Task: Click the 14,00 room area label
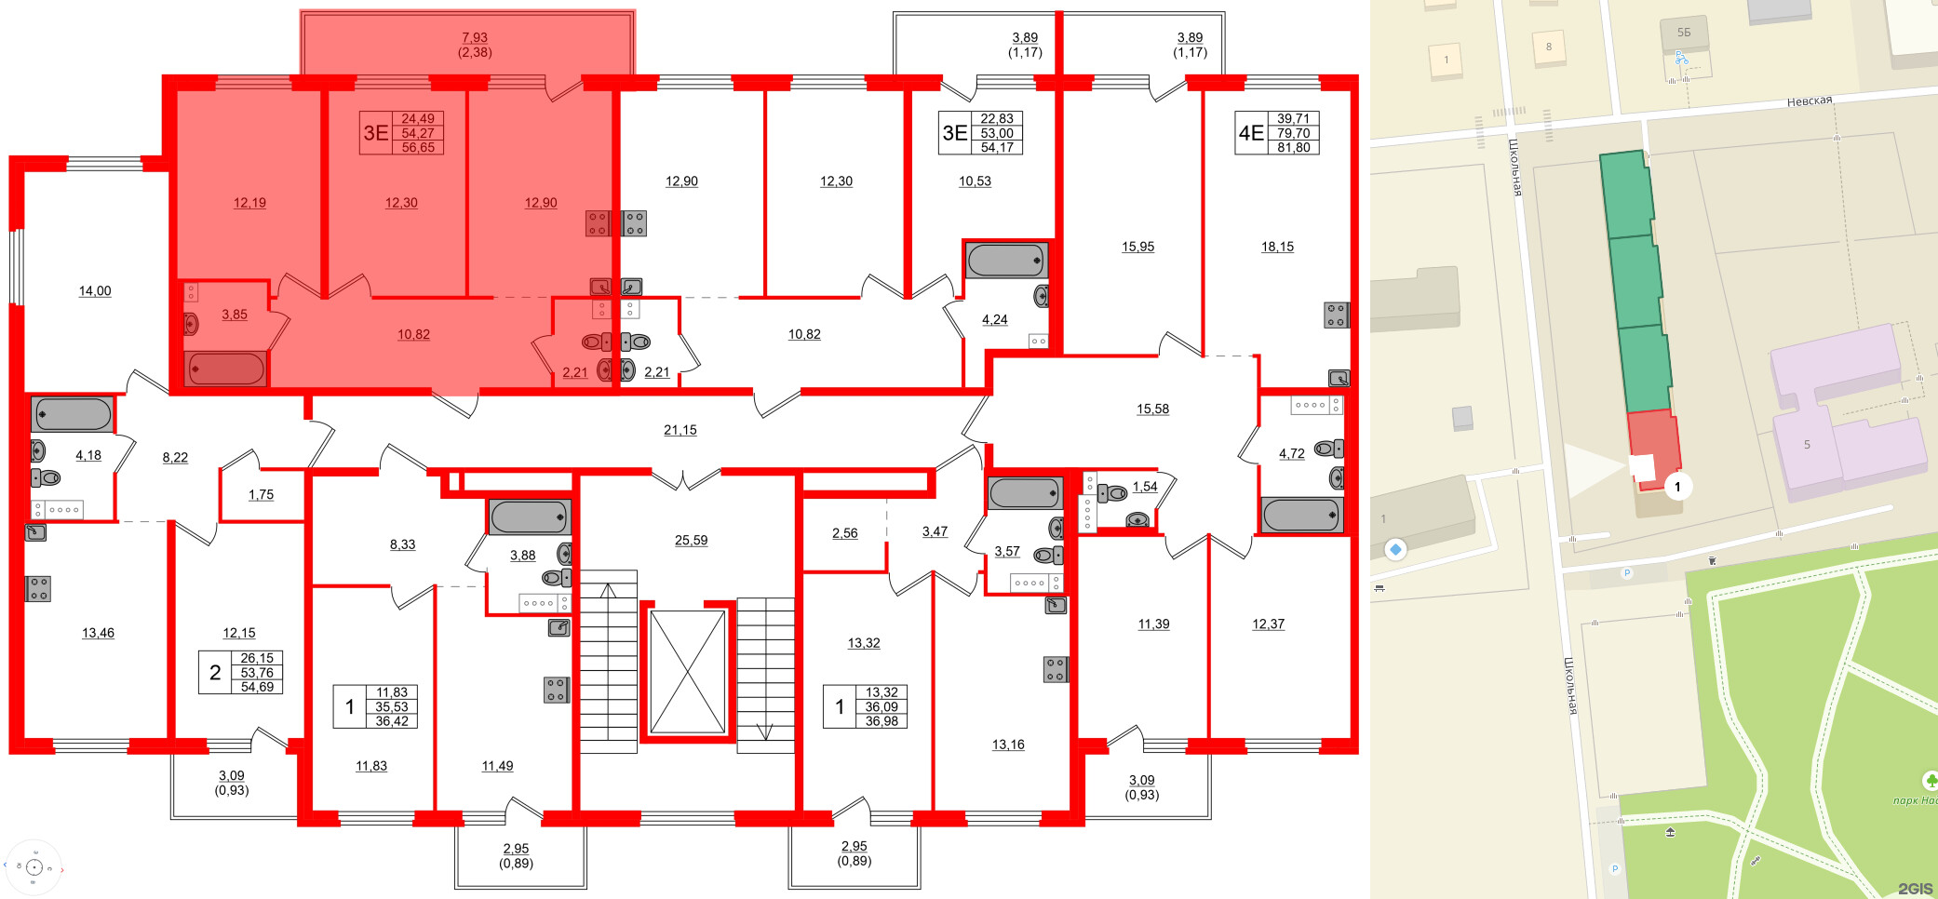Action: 95,291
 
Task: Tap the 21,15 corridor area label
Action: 680,430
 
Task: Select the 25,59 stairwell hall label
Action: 691,540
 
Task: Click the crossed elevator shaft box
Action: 687,672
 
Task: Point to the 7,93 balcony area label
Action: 475,38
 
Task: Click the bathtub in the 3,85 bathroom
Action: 226,369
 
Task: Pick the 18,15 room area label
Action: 1277,247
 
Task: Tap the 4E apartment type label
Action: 1251,133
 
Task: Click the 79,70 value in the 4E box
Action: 1293,133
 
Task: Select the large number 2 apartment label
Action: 215,673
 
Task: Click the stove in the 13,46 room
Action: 38,589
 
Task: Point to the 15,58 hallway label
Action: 1152,409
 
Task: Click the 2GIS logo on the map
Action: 1914,889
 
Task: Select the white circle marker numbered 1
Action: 1677,486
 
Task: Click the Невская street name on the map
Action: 1809,101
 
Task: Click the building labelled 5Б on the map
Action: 1684,34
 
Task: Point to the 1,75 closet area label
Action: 261,495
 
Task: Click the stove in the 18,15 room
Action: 1335,315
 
